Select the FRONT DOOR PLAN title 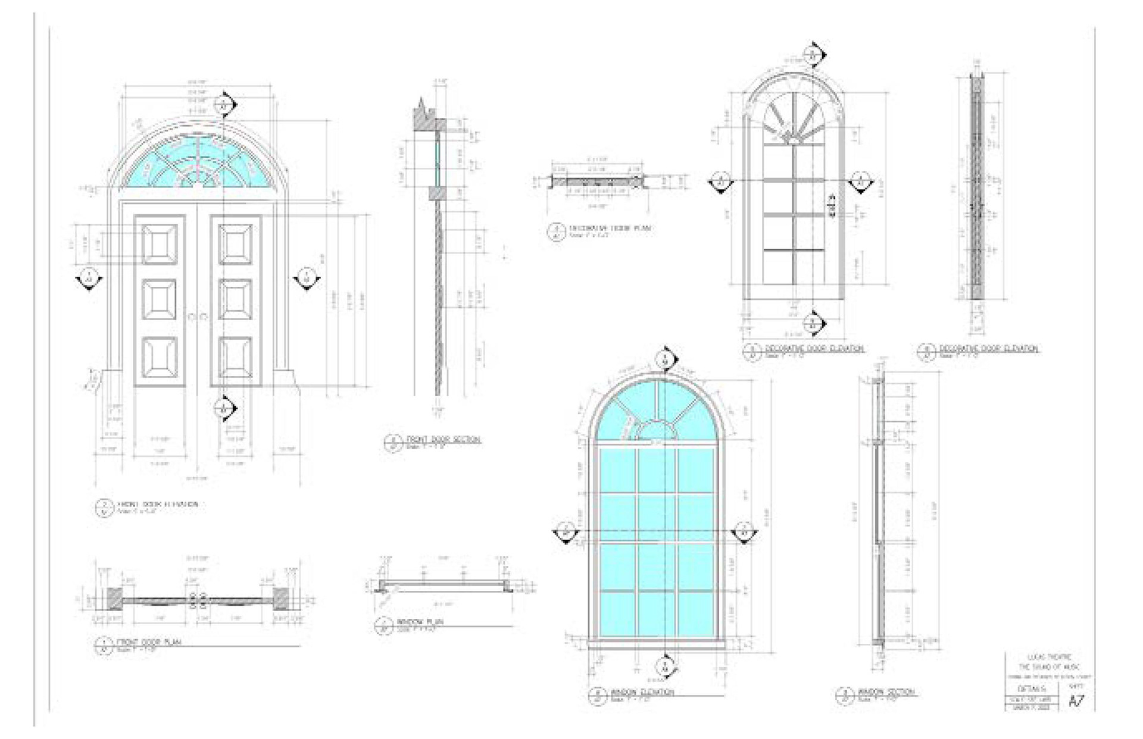pyautogui.click(x=148, y=642)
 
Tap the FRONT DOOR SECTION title pyautogui.click(x=443, y=440)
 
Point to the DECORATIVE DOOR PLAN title pyautogui.click(x=610, y=228)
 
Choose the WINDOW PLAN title pyautogui.click(x=420, y=622)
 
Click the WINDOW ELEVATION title pyautogui.click(x=642, y=693)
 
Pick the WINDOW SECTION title pyautogui.click(x=885, y=693)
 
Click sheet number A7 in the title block pyautogui.click(x=1076, y=700)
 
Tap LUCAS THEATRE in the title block pyautogui.click(x=1049, y=657)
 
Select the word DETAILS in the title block pyautogui.click(x=1029, y=688)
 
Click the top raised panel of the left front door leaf pyautogui.click(x=160, y=243)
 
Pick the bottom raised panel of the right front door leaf pyautogui.click(x=235, y=357)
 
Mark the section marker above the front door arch pyautogui.click(x=224, y=105)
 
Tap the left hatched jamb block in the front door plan pyautogui.click(x=114, y=598)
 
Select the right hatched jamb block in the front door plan pyautogui.click(x=281, y=598)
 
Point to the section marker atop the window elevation pyautogui.click(x=666, y=359)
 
